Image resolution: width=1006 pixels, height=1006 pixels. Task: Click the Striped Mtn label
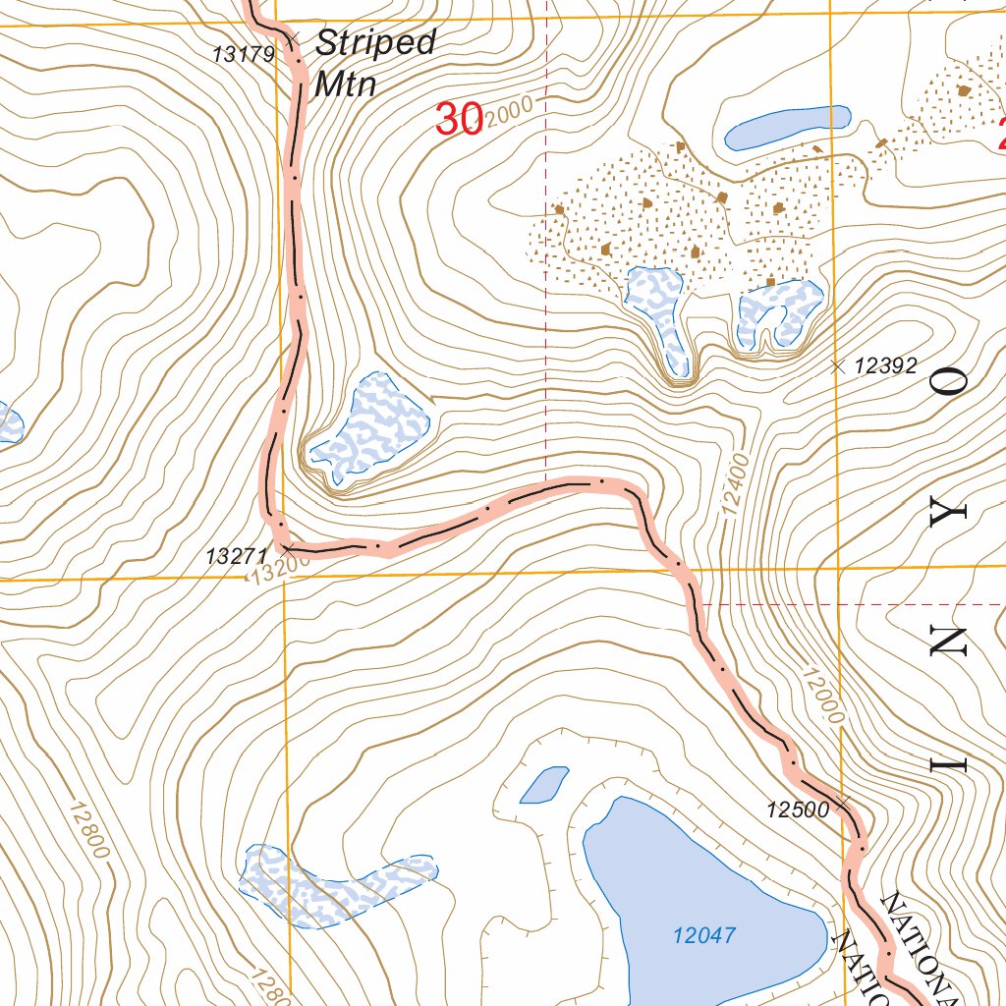pyautogui.click(x=374, y=63)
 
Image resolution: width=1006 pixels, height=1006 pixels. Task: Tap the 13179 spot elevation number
pyautogui.click(x=244, y=55)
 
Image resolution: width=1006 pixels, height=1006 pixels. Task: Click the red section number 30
pyautogui.click(x=458, y=120)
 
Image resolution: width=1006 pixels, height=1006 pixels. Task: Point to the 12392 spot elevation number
pyautogui.click(x=885, y=366)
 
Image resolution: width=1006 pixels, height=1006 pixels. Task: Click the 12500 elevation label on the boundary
pyautogui.click(x=797, y=810)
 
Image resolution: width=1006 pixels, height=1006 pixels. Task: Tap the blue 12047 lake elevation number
pyautogui.click(x=704, y=936)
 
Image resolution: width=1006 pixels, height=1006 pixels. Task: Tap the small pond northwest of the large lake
pyautogui.click(x=543, y=784)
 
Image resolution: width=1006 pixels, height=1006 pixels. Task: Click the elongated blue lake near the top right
pyautogui.click(x=786, y=127)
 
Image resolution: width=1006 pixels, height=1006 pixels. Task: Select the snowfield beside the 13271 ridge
pyautogui.click(x=370, y=429)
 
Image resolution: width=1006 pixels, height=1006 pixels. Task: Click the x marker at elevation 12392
pyautogui.click(x=837, y=366)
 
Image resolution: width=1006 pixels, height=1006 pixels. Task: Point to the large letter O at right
pyautogui.click(x=950, y=384)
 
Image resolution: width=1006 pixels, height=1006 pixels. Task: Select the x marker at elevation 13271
pyautogui.click(x=288, y=545)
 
